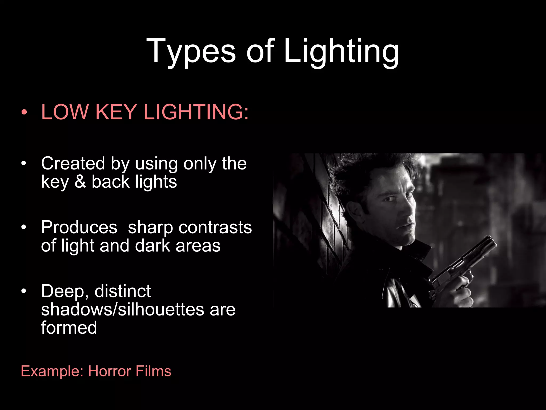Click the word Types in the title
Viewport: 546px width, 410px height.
pyautogui.click(x=191, y=51)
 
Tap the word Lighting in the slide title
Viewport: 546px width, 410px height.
pyautogui.click(x=341, y=51)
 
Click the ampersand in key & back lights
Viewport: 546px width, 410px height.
pyautogui.click(x=80, y=182)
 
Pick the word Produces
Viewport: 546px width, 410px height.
pyautogui.click(x=79, y=227)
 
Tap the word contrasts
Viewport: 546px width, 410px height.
pyautogui.click(x=215, y=227)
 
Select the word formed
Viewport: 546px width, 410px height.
pyautogui.click(x=69, y=328)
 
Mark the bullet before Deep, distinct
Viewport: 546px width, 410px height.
pyautogui.click(x=24, y=291)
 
